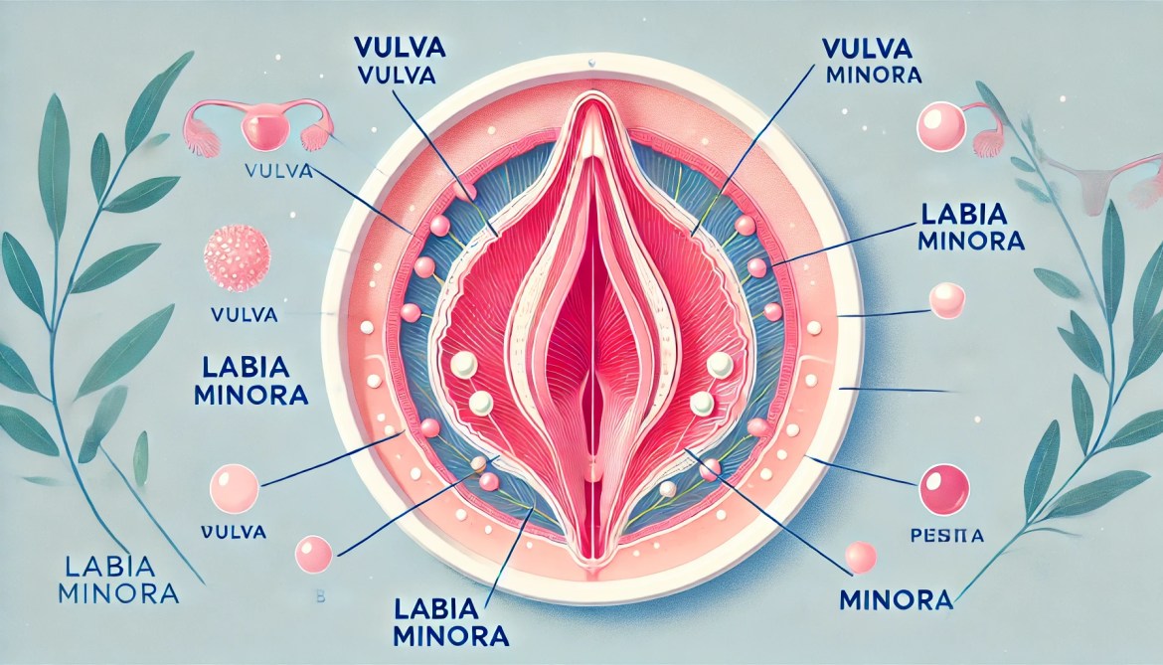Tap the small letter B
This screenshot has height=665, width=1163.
(x=319, y=596)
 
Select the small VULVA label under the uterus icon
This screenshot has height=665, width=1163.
(x=277, y=171)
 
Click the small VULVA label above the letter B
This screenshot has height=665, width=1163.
(x=233, y=532)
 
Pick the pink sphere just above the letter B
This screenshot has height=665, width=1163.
(x=314, y=553)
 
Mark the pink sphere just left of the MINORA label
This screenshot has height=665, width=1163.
(x=859, y=557)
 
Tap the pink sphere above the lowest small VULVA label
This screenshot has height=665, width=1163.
(x=234, y=487)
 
